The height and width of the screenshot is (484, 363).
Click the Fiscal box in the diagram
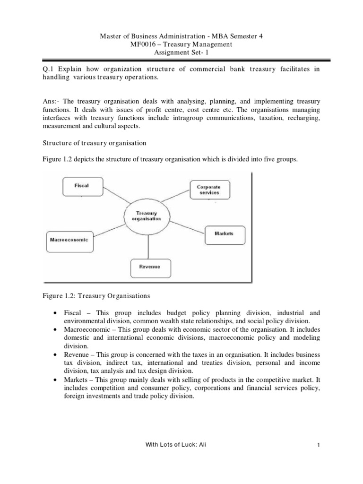point(82,186)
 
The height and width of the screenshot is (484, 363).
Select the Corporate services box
point(208,190)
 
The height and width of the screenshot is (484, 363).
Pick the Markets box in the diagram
point(224,233)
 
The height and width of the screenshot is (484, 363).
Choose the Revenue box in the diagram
point(149,267)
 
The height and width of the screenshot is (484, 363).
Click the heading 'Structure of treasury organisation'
point(94,143)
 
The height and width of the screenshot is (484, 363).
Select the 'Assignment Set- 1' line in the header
point(181,53)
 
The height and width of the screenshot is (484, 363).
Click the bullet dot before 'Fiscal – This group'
point(56,313)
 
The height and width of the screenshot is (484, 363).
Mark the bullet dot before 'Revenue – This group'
point(56,354)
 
